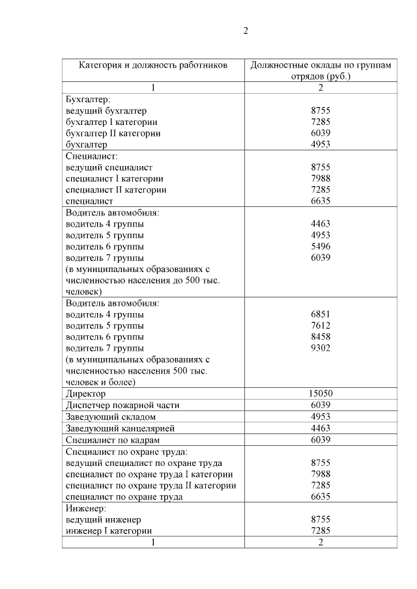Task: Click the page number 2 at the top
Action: click(x=246, y=31)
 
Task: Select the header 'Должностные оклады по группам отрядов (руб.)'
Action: click(x=321, y=70)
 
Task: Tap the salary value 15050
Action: click(x=321, y=394)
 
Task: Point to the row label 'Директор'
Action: click(x=86, y=394)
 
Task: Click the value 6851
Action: click(x=321, y=314)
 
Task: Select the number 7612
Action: click(x=321, y=325)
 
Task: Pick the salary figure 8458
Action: click(x=321, y=337)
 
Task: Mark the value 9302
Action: click(x=321, y=348)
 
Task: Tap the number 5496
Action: click(x=321, y=247)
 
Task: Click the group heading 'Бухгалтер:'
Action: click(x=89, y=100)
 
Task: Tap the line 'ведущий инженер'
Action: click(x=104, y=519)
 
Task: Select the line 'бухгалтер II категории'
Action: click(x=113, y=133)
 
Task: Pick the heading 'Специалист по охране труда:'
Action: click(x=127, y=451)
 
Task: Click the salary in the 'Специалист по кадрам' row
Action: click(x=321, y=440)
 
